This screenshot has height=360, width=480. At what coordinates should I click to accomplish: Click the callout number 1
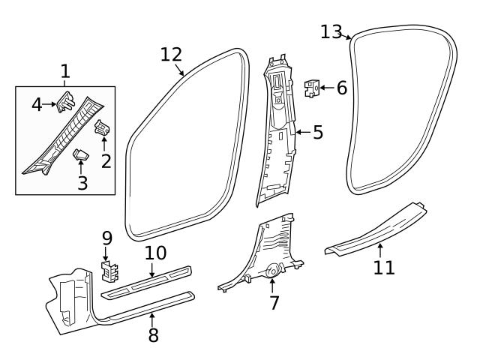[x=65, y=72]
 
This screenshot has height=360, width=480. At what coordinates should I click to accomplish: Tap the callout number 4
[x=37, y=104]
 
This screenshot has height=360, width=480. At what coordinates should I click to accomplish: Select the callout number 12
[x=171, y=55]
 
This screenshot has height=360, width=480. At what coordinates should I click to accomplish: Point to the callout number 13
[x=331, y=31]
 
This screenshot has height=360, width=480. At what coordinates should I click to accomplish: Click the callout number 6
[x=341, y=88]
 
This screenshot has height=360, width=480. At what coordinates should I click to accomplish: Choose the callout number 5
[x=317, y=133]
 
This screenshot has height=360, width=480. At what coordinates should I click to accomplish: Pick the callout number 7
[x=274, y=303]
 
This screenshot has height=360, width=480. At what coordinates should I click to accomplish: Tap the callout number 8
[x=153, y=334]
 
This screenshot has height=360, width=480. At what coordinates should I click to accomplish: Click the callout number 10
[x=155, y=254]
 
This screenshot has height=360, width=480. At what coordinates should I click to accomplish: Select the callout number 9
[x=106, y=238]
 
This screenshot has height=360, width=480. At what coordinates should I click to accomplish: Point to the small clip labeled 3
[x=81, y=154]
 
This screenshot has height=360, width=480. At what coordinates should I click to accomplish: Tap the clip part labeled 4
[x=66, y=100]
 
